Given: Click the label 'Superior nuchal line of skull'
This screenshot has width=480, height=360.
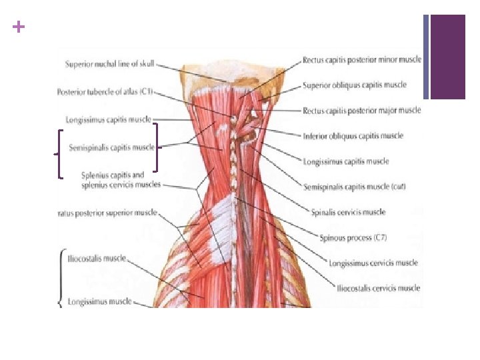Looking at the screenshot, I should (x=111, y=64).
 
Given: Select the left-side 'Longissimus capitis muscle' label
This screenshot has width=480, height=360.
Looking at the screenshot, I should (x=109, y=120).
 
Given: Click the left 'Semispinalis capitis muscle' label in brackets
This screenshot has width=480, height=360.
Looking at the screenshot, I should (x=111, y=147).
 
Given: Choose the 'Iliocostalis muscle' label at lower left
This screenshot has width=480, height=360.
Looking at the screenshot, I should (x=97, y=258).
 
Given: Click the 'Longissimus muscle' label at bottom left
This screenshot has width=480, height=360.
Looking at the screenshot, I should (x=101, y=301).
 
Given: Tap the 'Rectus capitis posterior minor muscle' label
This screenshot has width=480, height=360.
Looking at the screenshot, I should (x=361, y=60).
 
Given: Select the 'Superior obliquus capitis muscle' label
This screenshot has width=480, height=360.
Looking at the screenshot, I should (x=354, y=85).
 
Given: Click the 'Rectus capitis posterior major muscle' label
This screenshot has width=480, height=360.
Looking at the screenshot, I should (x=361, y=111).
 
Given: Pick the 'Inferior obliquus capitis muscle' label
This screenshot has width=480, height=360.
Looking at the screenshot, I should (x=353, y=136).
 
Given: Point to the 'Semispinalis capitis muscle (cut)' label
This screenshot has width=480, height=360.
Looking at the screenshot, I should (x=354, y=187).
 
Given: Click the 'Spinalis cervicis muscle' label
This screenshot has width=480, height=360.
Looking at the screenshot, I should (x=348, y=212).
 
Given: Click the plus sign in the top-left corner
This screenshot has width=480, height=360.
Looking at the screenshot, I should (x=18, y=27).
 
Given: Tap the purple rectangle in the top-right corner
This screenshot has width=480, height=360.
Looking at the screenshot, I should (x=447, y=57).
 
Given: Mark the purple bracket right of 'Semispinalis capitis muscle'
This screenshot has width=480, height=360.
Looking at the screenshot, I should (x=157, y=147).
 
